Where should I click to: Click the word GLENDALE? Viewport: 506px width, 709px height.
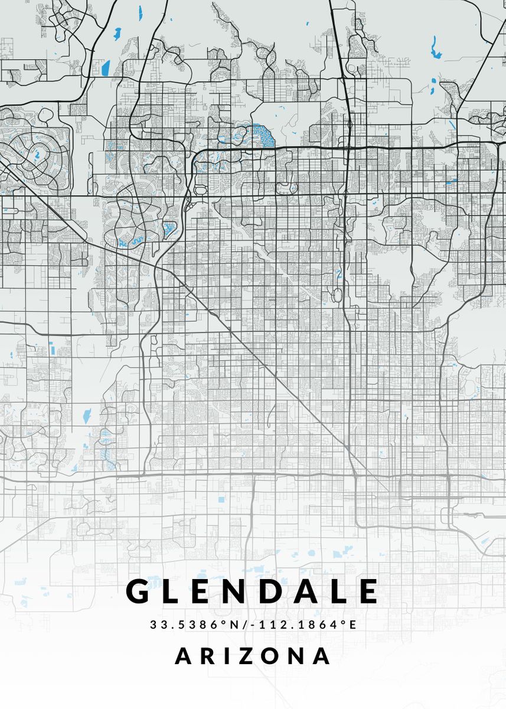pos(253,591)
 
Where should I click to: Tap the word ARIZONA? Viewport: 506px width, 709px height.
pos(253,656)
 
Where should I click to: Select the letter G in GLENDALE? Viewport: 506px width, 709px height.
pos(139,591)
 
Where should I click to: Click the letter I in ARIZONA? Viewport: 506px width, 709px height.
pos(228,656)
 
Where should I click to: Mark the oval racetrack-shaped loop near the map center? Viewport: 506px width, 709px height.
pos(338,295)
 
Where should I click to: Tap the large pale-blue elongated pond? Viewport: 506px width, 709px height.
pos(87,415)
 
